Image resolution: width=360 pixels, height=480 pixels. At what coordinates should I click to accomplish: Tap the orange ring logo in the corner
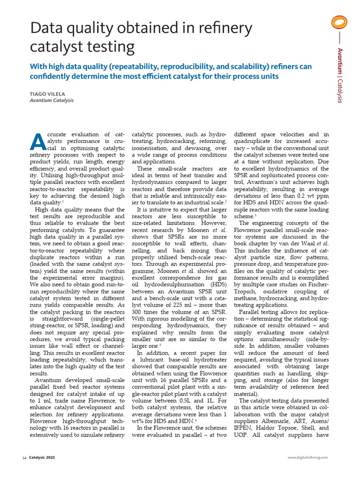click(339, 23)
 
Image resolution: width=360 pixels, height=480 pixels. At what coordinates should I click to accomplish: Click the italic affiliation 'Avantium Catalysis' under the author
click(52, 100)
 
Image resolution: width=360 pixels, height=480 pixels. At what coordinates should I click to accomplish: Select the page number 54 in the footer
click(24, 457)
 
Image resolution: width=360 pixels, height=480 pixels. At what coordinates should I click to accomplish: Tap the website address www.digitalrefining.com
click(307, 457)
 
